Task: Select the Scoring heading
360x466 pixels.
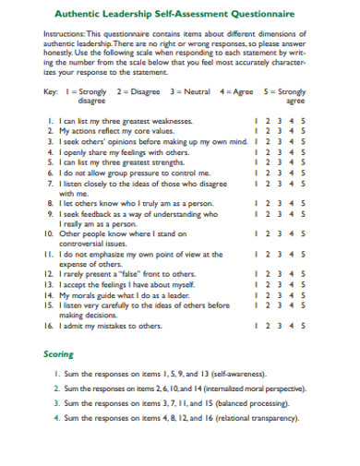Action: (58, 353)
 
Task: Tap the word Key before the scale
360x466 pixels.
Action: (52, 93)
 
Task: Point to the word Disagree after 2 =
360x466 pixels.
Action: (146, 93)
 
